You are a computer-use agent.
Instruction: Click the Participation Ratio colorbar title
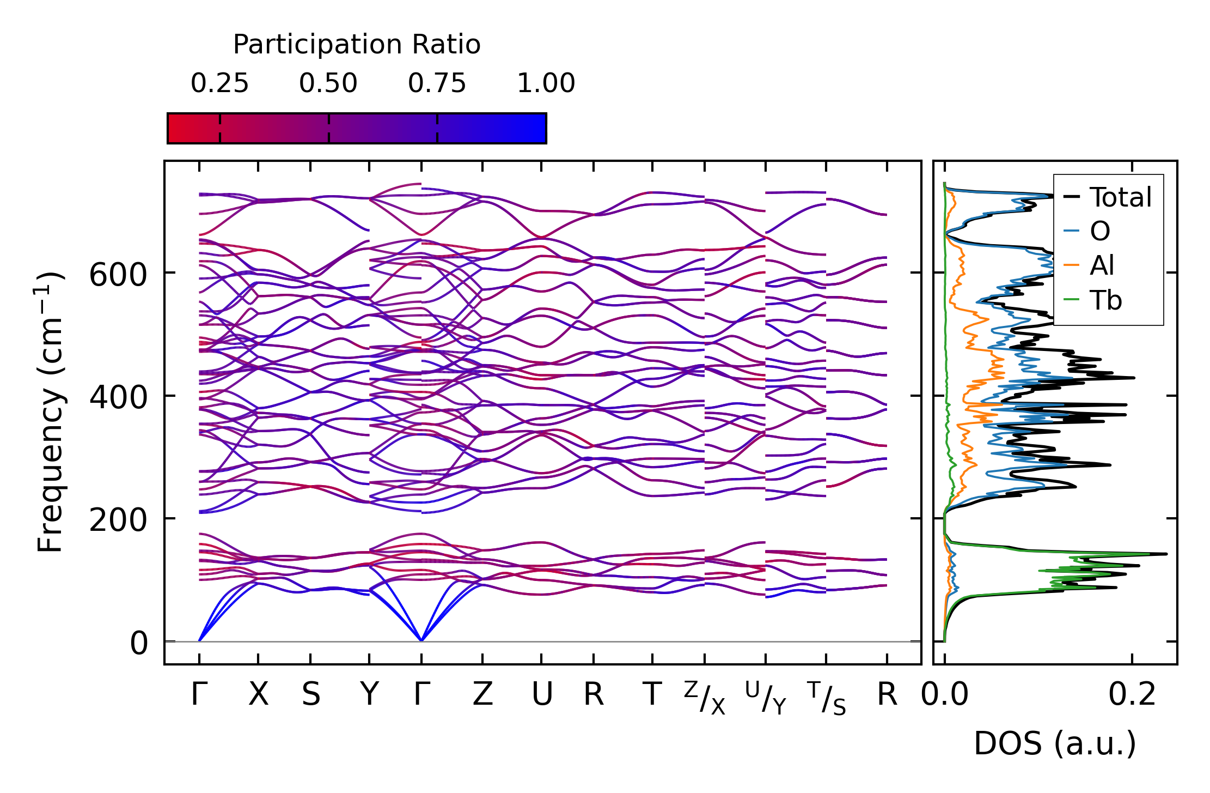pyautogui.click(x=357, y=45)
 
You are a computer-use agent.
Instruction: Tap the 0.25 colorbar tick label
pyautogui.click(x=219, y=84)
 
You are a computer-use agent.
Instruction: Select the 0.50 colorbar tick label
pyautogui.click(x=328, y=84)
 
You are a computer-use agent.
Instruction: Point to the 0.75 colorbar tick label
pyautogui.click(x=437, y=84)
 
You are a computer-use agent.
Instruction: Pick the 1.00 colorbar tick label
pyautogui.click(x=546, y=84)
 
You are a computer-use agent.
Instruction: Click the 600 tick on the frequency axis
pyautogui.click(x=118, y=274)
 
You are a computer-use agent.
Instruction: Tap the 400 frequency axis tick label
pyautogui.click(x=118, y=397)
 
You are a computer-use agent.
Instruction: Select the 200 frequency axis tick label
pyautogui.click(x=118, y=520)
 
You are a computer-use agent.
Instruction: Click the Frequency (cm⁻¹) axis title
pyautogui.click(x=51, y=412)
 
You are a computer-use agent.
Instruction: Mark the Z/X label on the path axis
pyautogui.click(x=705, y=698)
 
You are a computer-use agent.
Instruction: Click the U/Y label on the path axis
pyautogui.click(x=766, y=698)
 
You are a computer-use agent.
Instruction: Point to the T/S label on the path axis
pyautogui.click(x=827, y=698)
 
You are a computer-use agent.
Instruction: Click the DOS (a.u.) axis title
pyautogui.click(x=1055, y=743)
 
